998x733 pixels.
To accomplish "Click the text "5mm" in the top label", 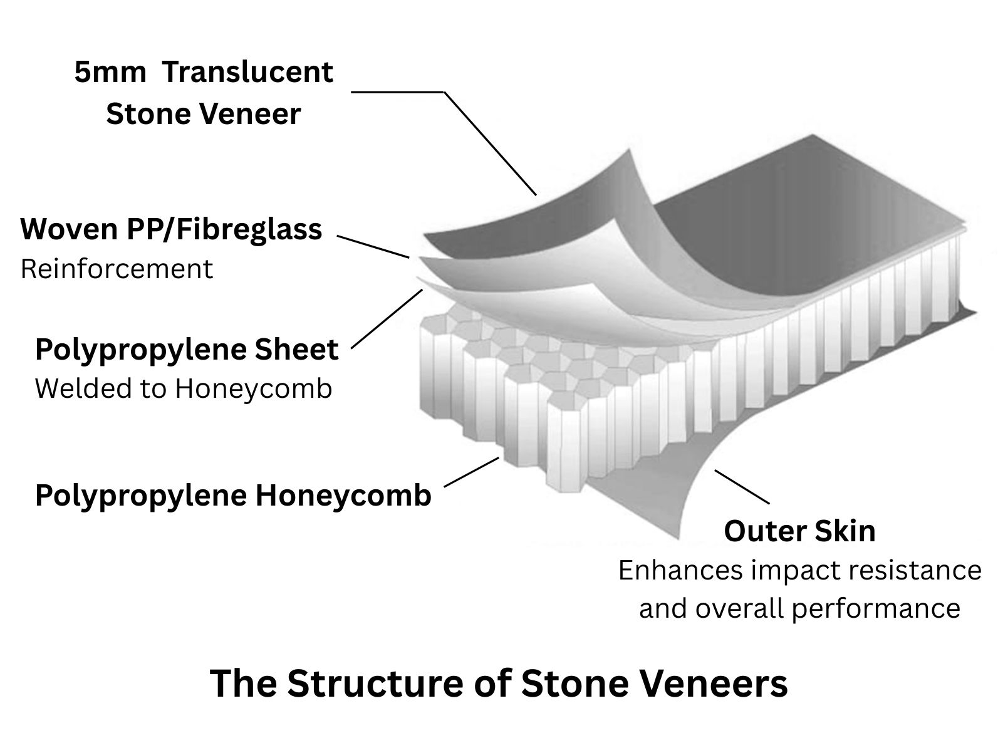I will (110, 73).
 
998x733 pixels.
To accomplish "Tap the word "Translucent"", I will (248, 73).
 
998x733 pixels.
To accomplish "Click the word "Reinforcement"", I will (117, 269).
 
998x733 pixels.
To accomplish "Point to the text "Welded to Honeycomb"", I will (183, 389).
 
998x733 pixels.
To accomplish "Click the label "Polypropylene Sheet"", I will (187, 350).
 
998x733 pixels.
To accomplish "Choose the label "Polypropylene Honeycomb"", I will (233, 496).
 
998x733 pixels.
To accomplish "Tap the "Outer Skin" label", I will (799, 531).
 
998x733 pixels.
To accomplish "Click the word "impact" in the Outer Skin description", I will (794, 570).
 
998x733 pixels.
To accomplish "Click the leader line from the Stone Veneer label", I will (489, 142).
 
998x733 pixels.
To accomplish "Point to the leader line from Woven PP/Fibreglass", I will (373, 247).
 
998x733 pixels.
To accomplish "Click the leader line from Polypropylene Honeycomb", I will (471, 472).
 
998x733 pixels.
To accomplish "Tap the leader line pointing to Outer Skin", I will (742, 487).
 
